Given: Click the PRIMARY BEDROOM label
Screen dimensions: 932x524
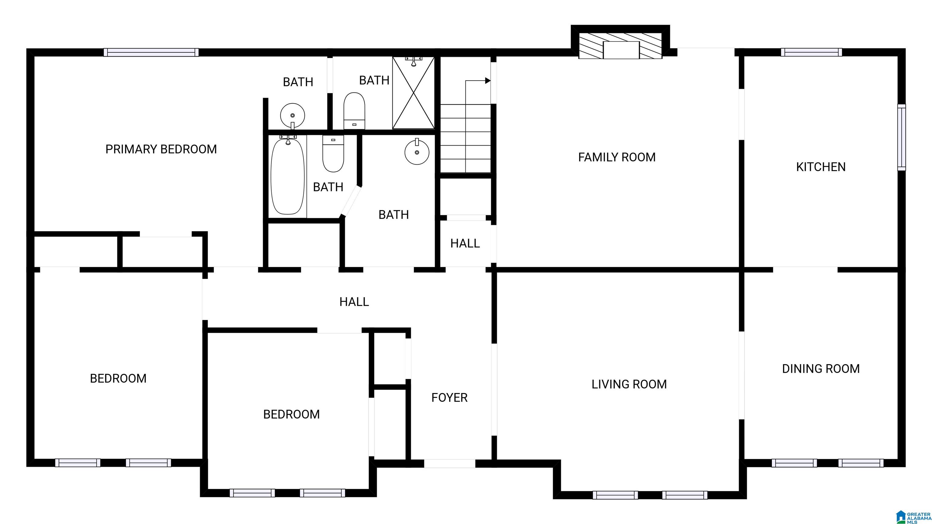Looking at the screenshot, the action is tap(161, 149).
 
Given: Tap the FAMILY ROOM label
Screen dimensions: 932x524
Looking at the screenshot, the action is tap(617, 157).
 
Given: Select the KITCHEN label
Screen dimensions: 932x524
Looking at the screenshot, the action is tap(821, 167).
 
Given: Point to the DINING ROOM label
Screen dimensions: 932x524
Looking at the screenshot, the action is tap(821, 368).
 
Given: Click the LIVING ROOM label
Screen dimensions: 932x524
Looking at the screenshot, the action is tap(629, 384).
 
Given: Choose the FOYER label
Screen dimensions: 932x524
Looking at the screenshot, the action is tap(449, 398).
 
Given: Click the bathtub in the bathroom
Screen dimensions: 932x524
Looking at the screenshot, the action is tap(288, 176).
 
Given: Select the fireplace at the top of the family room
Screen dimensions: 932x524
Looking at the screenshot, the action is tap(620, 46).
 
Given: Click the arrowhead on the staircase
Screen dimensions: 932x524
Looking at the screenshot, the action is tap(488, 81).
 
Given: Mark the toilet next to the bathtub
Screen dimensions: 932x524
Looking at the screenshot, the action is tap(333, 153).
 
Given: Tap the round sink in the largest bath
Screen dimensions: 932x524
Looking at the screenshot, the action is tap(417, 152).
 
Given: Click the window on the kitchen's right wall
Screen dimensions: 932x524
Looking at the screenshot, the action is tap(901, 137).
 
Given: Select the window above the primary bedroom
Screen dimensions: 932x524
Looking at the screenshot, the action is tap(151, 52).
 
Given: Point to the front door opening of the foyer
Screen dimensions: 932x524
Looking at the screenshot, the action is tap(449, 463).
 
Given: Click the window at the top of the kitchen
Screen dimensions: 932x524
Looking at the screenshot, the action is tap(811, 52).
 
